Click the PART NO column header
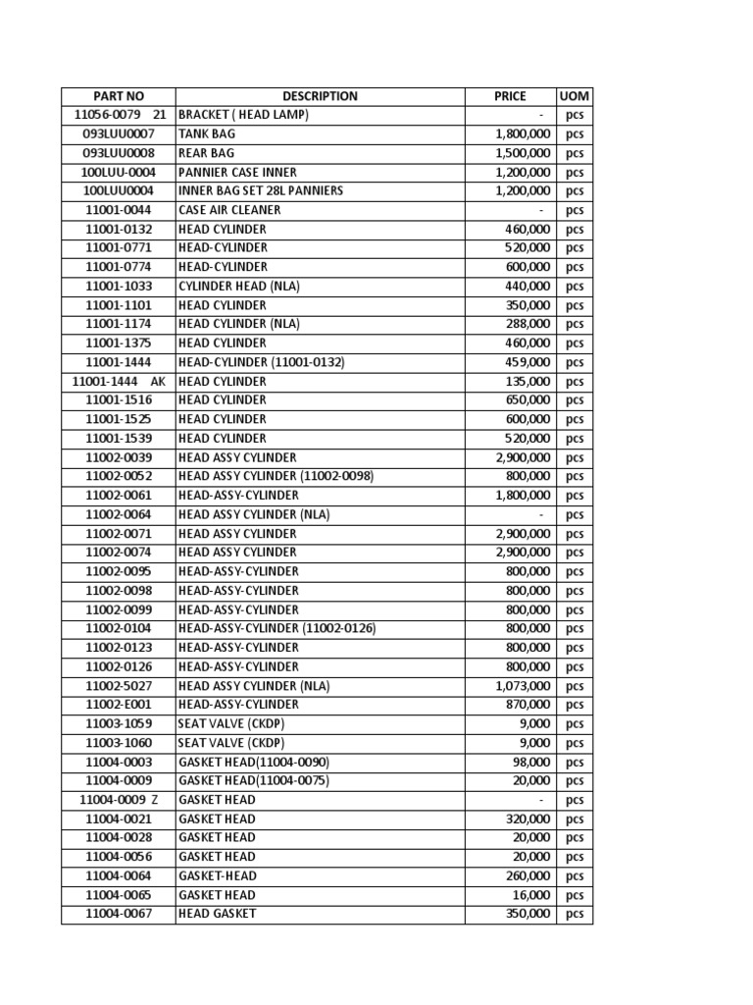point(119,96)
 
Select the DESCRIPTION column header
point(320,96)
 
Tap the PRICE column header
point(510,96)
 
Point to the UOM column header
point(574,96)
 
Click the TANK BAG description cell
point(207,133)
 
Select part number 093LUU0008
point(119,153)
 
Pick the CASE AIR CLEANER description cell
point(229,210)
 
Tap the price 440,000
point(527,287)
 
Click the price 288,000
point(527,324)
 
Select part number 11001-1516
point(119,400)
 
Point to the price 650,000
point(527,400)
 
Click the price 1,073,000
point(523,686)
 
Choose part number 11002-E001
point(119,705)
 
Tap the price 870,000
point(527,705)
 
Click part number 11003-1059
point(119,724)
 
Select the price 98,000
point(531,763)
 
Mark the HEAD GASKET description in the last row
point(218,914)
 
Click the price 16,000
point(531,895)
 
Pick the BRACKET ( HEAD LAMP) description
point(243,115)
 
